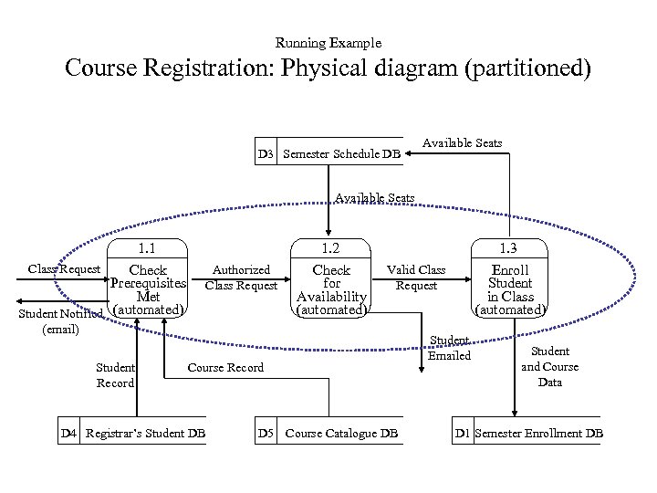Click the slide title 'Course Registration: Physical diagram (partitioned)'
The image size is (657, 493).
pyautogui.click(x=328, y=69)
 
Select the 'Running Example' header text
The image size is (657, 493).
pyautogui.click(x=328, y=43)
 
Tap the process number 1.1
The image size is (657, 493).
pyautogui.click(x=147, y=247)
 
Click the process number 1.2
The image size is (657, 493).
pyautogui.click(x=330, y=247)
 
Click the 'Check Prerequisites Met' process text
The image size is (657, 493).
pyautogui.click(x=148, y=284)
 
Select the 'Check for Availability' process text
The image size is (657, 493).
pyautogui.click(x=331, y=284)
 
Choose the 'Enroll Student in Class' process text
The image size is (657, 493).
pyautogui.click(x=511, y=284)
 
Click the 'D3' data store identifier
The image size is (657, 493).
pyautogui.click(x=265, y=154)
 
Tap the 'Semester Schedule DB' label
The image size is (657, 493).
pyautogui.click(x=341, y=154)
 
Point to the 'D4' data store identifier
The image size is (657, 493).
pyautogui.click(x=68, y=432)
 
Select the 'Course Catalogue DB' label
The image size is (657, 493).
pyautogui.click(x=340, y=432)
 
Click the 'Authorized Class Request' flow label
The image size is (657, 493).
pyautogui.click(x=241, y=278)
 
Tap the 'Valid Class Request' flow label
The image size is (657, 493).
pyautogui.click(x=417, y=278)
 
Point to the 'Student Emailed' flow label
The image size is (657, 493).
pyautogui.click(x=450, y=348)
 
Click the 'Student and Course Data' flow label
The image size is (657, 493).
pyautogui.click(x=549, y=366)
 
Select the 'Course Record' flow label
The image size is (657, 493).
pyautogui.click(x=225, y=367)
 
